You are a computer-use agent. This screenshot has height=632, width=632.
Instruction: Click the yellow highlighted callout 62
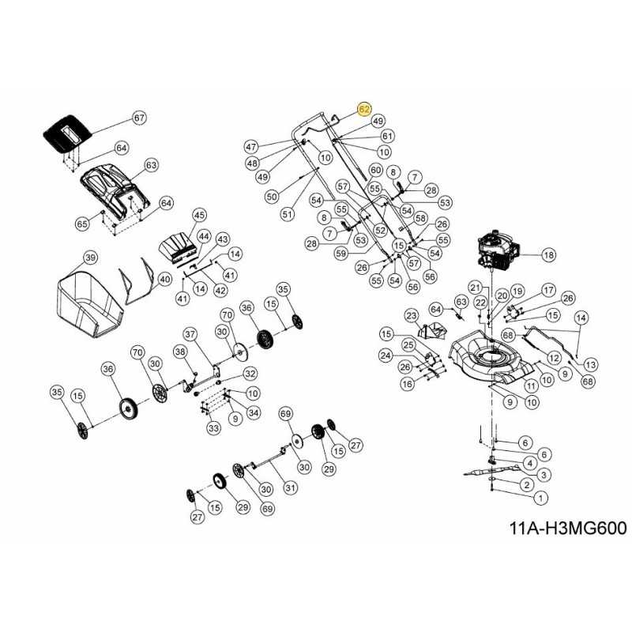364,109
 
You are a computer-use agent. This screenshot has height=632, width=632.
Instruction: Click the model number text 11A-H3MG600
567,528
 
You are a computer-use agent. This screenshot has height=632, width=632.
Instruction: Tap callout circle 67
140,118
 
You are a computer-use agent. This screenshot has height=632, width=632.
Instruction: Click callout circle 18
548,255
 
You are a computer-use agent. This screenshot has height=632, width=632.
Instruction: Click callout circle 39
90,258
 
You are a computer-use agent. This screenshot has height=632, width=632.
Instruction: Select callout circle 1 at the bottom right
540,498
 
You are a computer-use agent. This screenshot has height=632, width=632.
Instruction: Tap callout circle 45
199,215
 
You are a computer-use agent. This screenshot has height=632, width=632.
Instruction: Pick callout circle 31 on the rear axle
290,488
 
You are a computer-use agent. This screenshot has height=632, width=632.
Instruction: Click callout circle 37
190,333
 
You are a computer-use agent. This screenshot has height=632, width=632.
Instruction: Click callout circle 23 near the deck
411,316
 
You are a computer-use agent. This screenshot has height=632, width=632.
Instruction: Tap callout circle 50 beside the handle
272,196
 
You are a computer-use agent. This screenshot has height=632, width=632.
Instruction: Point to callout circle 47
251,147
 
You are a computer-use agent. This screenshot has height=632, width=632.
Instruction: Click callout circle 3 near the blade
545,473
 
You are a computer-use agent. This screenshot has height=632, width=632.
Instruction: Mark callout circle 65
82,224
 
